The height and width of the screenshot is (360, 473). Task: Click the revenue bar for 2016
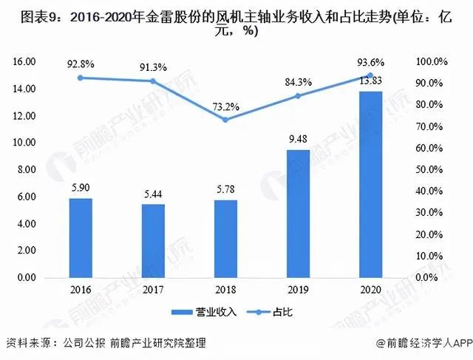pos(80,238)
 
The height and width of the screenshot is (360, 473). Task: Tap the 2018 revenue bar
pos(225,239)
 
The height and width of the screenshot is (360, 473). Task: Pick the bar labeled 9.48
pos(298,214)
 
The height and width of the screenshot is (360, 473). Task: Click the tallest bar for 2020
pos(370,184)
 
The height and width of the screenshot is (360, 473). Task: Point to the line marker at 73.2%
pos(225,119)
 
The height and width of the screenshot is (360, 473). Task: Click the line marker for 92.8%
pos(80,78)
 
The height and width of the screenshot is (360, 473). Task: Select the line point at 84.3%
pos(298,95)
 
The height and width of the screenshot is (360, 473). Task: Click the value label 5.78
pos(225,191)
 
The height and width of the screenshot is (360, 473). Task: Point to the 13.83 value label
pos(370,80)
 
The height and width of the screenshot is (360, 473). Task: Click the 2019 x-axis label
pos(298,291)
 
